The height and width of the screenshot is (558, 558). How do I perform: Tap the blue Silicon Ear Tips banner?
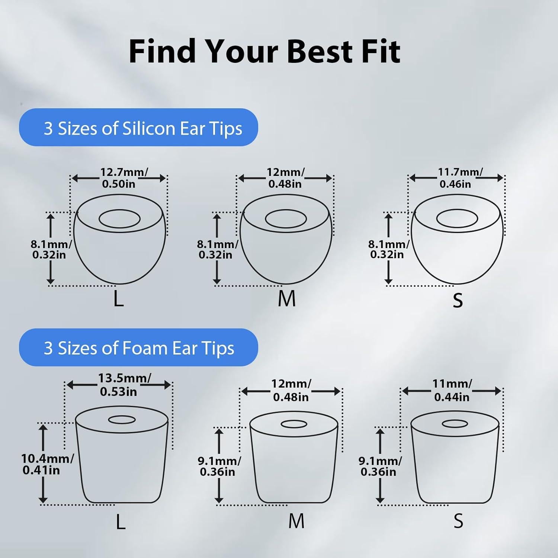(x=138, y=128)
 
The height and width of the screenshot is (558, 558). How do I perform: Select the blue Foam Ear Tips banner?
(x=138, y=347)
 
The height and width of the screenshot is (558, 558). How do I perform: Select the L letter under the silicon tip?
(x=118, y=299)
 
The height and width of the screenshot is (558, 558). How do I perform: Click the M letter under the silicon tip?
(x=286, y=299)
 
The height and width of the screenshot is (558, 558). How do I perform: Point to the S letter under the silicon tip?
(x=458, y=300)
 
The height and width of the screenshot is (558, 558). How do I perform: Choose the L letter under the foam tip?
(x=121, y=522)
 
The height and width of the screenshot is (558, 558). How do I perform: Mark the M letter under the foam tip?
(x=296, y=521)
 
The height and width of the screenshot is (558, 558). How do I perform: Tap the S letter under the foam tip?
(x=458, y=521)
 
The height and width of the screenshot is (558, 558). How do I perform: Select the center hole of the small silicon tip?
(x=457, y=218)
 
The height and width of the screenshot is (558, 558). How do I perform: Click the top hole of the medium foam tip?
(x=294, y=424)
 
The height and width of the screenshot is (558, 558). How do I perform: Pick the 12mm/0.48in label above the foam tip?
(x=291, y=390)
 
